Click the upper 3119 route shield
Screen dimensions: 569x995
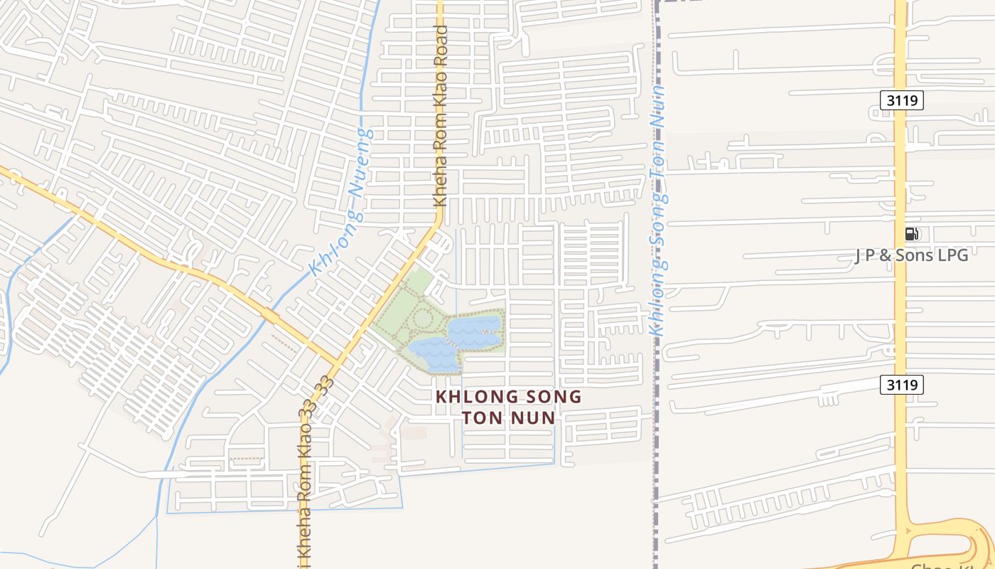pos(902,100)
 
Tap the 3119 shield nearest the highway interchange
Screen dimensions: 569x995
pos(902,385)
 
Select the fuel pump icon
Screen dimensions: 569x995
pos(911,234)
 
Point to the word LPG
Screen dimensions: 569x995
pos(952,255)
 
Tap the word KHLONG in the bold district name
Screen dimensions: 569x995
pos(474,397)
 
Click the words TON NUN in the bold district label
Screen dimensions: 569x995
pos(508,418)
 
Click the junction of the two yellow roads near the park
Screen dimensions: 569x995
pos(338,361)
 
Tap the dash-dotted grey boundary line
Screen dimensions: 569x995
pos(655,462)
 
